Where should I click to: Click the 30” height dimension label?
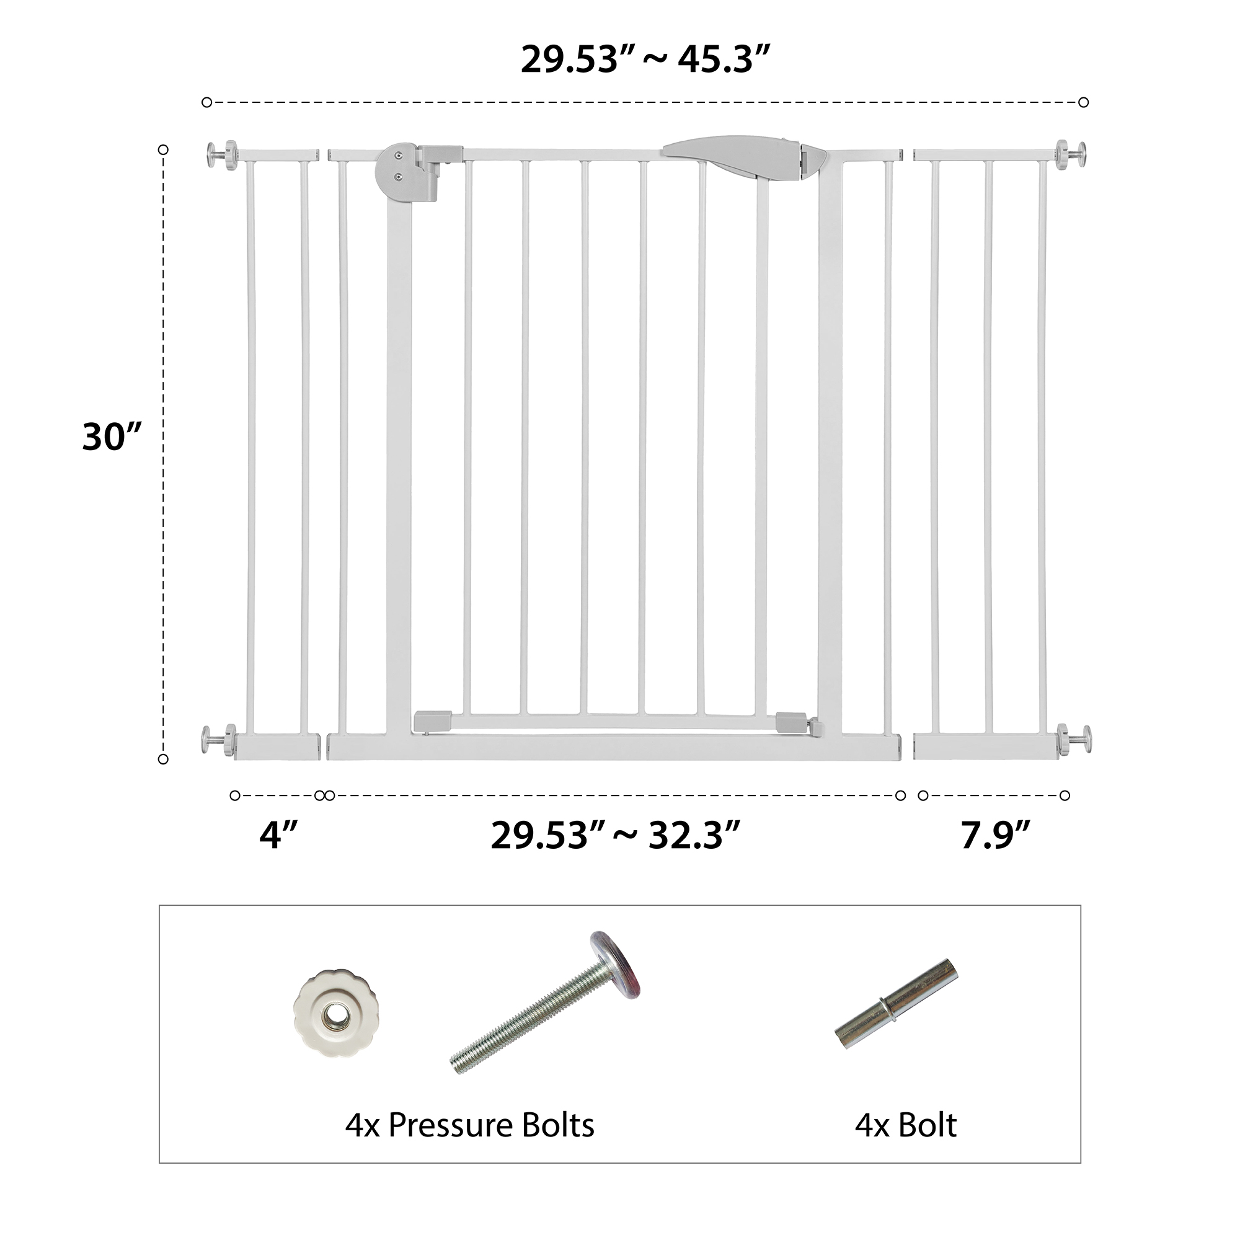(x=112, y=437)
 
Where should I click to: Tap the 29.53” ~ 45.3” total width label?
(x=645, y=60)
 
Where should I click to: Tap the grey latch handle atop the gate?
(x=745, y=156)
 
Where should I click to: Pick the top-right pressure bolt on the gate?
(x=1071, y=154)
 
